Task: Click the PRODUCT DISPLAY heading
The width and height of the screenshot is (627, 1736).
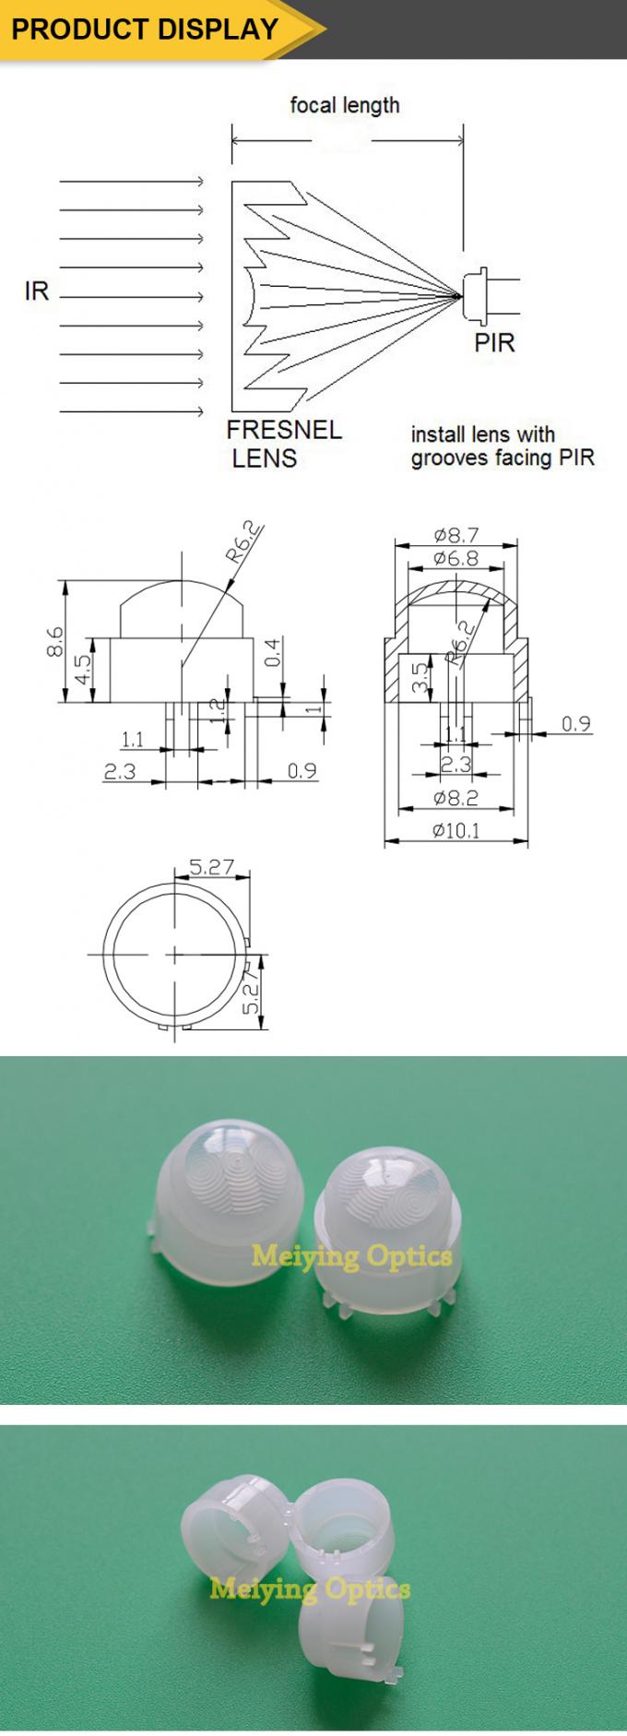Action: pos(144,29)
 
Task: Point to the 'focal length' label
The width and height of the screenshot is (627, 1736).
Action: pos(345,105)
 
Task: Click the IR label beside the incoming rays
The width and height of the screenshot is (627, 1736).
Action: pos(37,292)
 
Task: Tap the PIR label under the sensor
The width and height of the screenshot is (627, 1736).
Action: pos(494,343)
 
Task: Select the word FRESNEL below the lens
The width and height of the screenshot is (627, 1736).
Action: pos(284,430)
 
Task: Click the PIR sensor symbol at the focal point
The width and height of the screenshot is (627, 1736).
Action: pos(478,294)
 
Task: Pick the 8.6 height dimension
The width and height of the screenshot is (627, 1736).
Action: pos(54,640)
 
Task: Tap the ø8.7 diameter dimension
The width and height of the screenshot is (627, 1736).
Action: pos(455,535)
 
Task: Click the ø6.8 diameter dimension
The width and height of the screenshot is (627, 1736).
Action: pos(455,558)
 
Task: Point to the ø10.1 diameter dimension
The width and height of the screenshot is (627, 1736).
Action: pos(455,831)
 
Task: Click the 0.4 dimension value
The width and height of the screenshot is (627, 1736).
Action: pos(271,652)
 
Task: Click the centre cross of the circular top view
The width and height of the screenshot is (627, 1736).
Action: pos(174,953)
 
